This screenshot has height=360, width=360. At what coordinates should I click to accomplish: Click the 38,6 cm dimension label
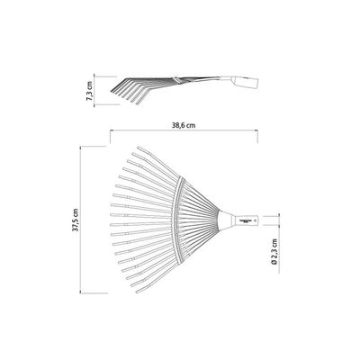pyautogui.click(x=184, y=125)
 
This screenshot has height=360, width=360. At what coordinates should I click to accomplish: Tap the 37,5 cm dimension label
pyautogui.click(x=75, y=220)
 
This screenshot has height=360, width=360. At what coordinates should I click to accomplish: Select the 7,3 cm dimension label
pyautogui.click(x=89, y=90)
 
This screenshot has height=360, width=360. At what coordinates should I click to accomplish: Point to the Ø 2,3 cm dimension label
pyautogui.click(x=274, y=251)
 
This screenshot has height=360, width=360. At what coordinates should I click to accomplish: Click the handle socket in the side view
pyautogui.click(x=245, y=83)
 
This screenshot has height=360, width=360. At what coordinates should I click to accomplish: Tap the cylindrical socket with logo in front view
pyautogui.click(x=247, y=220)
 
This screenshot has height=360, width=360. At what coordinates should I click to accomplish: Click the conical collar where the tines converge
pyautogui.click(x=226, y=220)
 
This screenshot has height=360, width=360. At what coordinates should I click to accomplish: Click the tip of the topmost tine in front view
pyautogui.click(x=138, y=148)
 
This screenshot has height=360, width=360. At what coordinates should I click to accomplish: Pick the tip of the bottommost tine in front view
pyautogui.click(x=137, y=292)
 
